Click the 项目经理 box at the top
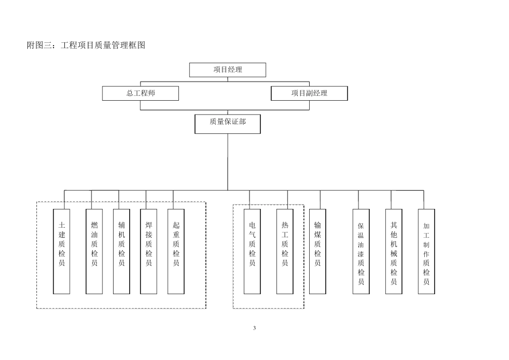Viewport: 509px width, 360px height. [228, 70]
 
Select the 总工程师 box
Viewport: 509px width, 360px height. [141, 93]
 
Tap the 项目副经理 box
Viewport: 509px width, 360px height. [309, 93]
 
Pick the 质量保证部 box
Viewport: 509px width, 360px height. [228, 123]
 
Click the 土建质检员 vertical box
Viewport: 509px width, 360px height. [62, 251]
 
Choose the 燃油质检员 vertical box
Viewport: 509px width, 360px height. [94, 251]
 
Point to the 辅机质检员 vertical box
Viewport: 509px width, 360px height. [122, 251]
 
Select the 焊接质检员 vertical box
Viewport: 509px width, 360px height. [148, 251]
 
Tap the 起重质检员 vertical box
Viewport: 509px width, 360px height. [176, 251]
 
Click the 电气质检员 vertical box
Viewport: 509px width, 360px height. [252, 251]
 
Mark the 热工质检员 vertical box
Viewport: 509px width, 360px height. [285, 251]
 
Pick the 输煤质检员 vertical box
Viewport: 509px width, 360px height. [318, 251]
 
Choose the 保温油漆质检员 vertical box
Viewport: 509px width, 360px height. [361, 251]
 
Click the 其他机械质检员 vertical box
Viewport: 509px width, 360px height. [394, 251]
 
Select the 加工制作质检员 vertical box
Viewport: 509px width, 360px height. [426, 251]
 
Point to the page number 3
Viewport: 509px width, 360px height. [254, 328]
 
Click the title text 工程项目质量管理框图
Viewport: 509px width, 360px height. [103, 46]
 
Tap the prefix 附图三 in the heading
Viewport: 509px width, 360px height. [39, 46]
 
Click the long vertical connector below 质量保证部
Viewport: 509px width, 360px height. [228, 161]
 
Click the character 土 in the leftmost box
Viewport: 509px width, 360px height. [62, 226]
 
